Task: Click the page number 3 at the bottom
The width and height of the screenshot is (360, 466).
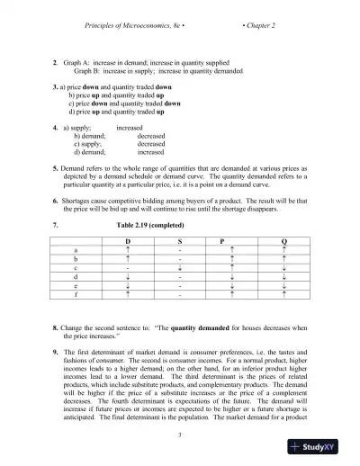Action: coord(180,435)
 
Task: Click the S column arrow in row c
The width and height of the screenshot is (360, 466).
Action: coord(180,267)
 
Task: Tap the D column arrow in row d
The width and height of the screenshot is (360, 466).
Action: coord(129,276)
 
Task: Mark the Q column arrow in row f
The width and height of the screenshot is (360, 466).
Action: coord(284,294)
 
